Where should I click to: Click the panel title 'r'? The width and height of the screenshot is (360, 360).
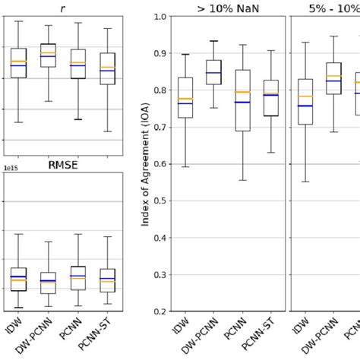[62, 9]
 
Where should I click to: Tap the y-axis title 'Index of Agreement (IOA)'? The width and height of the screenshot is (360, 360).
[145, 165]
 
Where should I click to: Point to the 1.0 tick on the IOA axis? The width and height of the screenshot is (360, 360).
[159, 17]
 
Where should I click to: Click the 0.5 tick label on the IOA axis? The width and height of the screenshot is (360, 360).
[159, 201]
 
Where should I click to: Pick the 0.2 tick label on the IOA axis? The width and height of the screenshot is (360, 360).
[159, 311]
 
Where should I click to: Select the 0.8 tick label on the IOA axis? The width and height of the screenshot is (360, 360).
[159, 90]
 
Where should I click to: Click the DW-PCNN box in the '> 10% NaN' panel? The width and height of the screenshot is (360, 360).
[213, 72]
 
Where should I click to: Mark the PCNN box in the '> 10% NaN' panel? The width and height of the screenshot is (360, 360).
[242, 100]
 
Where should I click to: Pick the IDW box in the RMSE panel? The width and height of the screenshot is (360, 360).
[18, 279]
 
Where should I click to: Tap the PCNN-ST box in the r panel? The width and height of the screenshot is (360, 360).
[107, 68]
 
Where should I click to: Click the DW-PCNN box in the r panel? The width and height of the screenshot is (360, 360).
[48, 55]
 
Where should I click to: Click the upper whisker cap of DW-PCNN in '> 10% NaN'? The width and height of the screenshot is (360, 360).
[213, 41]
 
